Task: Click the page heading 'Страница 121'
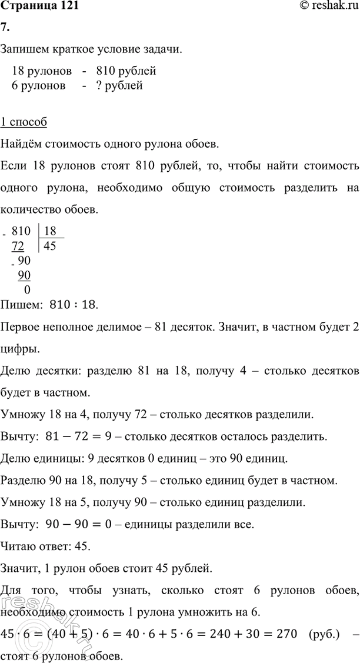pyautogui.click(x=39, y=7)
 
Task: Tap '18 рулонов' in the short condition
pyautogui.click(x=42, y=72)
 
